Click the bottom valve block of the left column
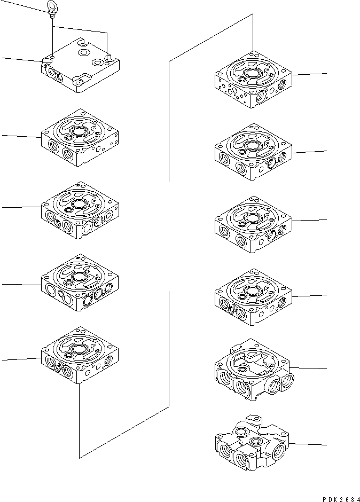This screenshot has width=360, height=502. pos(80,356)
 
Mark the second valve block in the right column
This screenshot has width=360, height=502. pos(253,151)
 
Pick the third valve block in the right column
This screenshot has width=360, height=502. pos(253,223)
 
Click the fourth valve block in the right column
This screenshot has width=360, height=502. pos(253,296)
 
